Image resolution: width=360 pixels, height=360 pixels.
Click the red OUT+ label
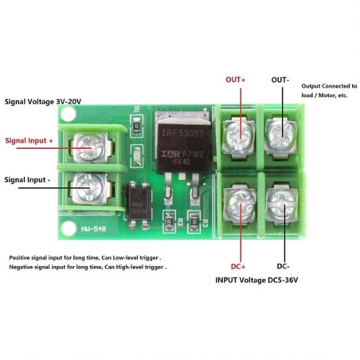(237, 80)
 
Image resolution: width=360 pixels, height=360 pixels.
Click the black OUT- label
(280, 80)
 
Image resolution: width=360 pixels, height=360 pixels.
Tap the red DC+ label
(238, 265)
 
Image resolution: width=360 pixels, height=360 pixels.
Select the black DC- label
(283, 265)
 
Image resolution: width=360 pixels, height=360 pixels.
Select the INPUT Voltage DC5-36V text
(260, 280)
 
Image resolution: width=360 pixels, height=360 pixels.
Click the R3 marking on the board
(205, 222)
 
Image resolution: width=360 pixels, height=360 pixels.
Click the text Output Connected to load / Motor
(329, 90)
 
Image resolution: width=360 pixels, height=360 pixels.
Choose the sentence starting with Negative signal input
(88, 268)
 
